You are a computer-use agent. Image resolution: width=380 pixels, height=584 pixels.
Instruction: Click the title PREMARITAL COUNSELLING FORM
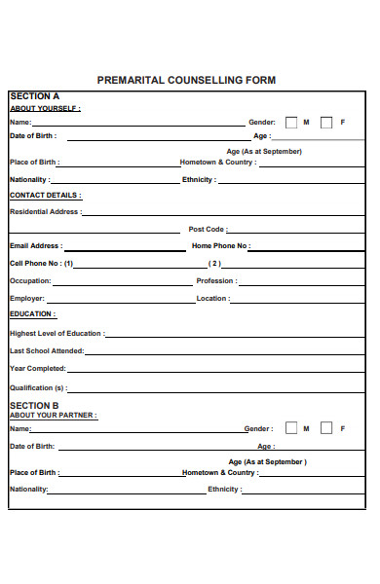tap(186, 80)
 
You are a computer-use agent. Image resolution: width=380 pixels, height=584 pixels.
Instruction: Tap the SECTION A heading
tap(34, 96)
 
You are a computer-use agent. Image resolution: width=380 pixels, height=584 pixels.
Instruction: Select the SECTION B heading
tap(34, 405)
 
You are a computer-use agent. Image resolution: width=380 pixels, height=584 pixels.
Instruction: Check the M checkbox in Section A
tap(290, 123)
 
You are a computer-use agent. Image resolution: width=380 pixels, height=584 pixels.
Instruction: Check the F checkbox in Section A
tap(326, 123)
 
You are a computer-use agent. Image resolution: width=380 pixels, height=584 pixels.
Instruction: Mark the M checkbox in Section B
tap(290, 427)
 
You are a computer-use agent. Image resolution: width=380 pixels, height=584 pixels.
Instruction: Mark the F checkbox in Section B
tap(326, 427)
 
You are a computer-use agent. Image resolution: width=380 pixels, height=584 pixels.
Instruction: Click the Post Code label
tap(208, 230)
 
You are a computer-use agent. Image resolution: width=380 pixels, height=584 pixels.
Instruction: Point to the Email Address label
tap(36, 246)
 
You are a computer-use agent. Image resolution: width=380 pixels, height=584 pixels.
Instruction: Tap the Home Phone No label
tap(220, 246)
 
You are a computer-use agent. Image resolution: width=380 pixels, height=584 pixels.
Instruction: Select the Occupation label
tap(30, 280)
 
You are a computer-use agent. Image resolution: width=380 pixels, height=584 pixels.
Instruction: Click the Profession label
tap(216, 280)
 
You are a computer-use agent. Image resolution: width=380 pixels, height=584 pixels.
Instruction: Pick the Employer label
tap(27, 298)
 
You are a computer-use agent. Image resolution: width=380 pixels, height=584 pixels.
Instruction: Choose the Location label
tap(213, 298)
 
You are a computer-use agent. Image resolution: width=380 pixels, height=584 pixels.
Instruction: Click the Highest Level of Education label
tap(56, 333)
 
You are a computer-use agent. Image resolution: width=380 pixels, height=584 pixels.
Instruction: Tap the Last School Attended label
tap(47, 350)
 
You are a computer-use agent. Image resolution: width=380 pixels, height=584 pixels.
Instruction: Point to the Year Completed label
tap(38, 368)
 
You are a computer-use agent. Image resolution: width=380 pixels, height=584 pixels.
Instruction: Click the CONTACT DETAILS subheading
tap(45, 195)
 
